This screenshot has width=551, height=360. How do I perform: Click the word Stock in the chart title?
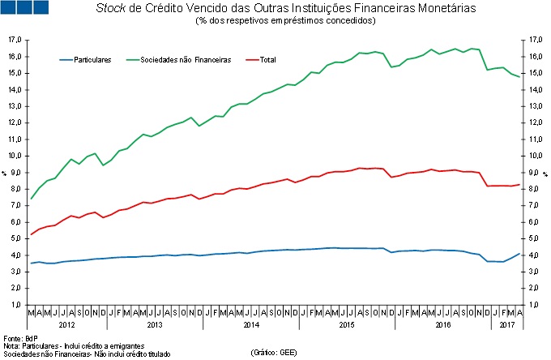(111, 8)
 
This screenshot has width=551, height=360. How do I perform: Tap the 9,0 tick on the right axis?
(532, 173)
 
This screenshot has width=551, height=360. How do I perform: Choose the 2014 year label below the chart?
(251, 324)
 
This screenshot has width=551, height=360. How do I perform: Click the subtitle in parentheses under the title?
(275, 21)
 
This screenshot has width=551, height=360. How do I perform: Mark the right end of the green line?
(519, 77)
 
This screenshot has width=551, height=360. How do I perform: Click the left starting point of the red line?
(31, 234)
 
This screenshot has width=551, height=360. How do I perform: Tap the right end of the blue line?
(519, 254)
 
